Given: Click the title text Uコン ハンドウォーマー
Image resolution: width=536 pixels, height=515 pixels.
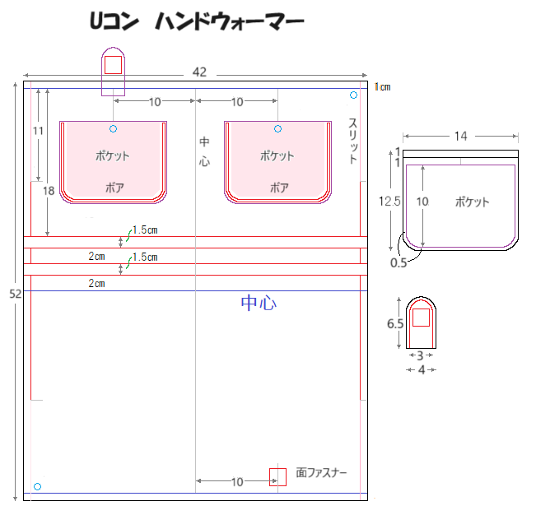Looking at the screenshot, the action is point(197,21).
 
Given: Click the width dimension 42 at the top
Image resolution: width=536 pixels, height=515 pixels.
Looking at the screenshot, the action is point(199,72).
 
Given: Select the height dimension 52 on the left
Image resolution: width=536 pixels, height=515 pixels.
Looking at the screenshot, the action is point(16,294).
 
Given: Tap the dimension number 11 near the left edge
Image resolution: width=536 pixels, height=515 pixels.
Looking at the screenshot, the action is point(38,131).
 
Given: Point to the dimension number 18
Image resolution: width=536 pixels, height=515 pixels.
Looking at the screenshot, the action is point(49,191).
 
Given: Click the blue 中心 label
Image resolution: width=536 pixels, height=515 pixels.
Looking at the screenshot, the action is point(259,303).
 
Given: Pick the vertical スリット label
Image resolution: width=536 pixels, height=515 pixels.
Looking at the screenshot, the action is point(353,141).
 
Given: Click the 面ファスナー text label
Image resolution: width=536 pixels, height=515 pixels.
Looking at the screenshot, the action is point(321,473).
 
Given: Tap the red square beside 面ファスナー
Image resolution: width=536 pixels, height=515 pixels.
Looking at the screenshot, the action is point(277,477).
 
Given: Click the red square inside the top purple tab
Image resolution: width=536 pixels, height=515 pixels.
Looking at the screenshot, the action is point(113,65).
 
